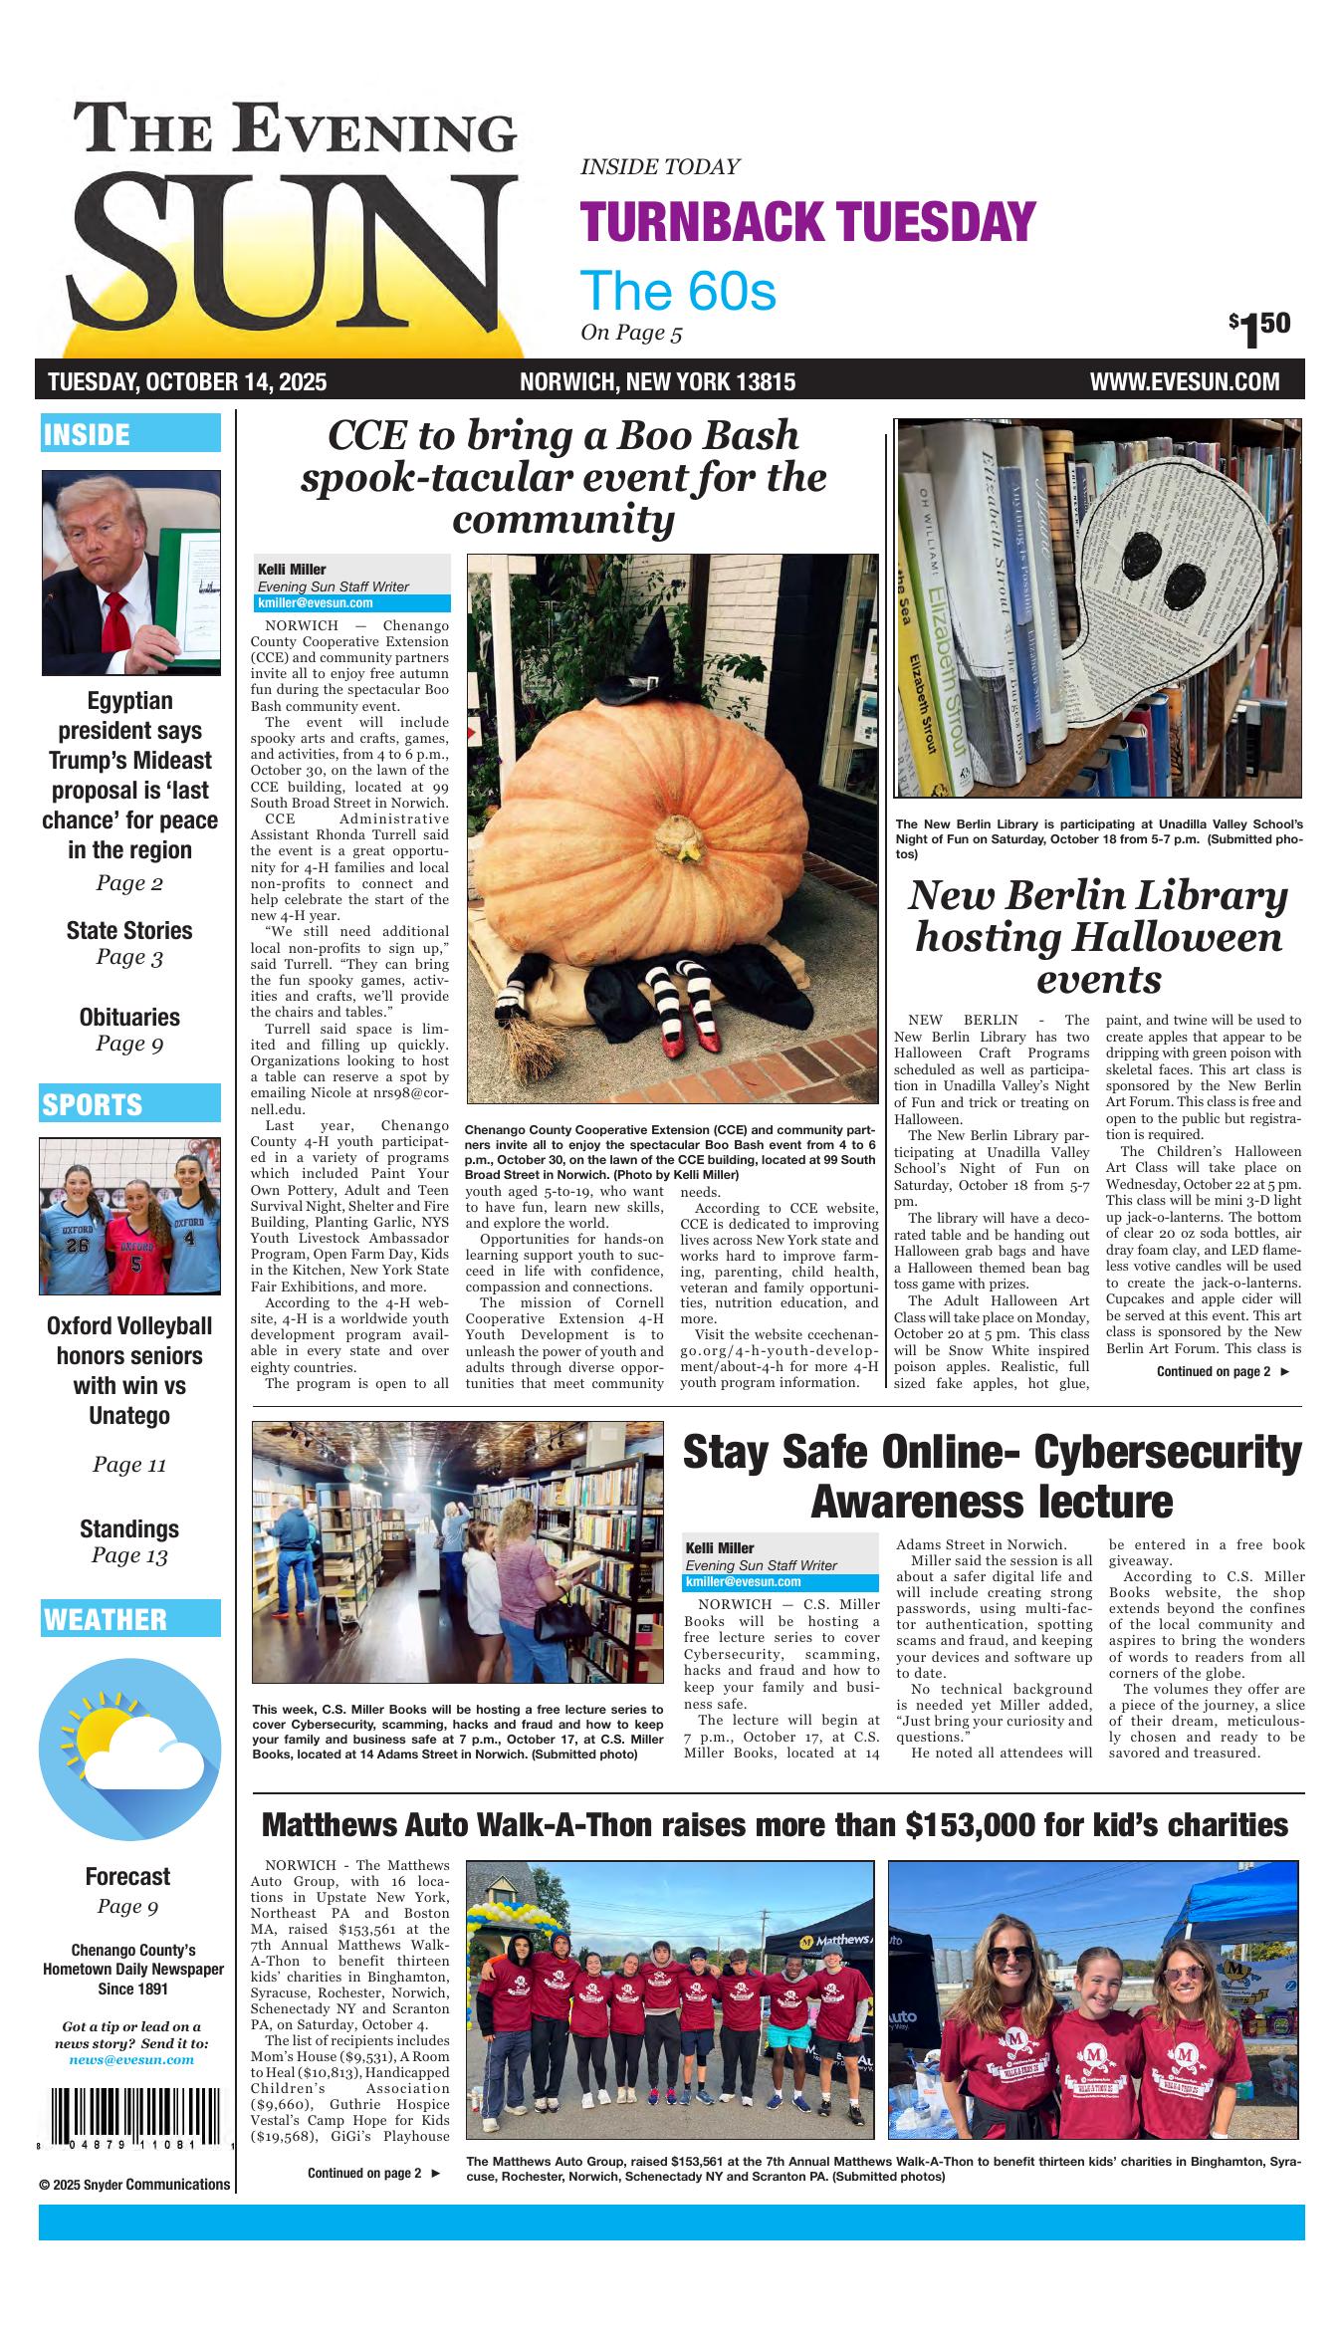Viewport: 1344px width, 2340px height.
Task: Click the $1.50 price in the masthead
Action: pyautogui.click(x=1260, y=329)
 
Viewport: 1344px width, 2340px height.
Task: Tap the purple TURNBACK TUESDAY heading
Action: pyautogui.click(x=807, y=221)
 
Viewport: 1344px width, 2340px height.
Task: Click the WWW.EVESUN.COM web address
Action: pyautogui.click(x=1184, y=382)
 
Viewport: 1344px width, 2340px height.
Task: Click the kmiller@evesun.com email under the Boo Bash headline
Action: pyautogui.click(x=316, y=603)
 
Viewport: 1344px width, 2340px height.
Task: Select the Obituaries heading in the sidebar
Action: pyautogui.click(x=129, y=1017)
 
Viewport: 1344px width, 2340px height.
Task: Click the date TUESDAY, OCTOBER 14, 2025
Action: pyautogui.click(x=187, y=382)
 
